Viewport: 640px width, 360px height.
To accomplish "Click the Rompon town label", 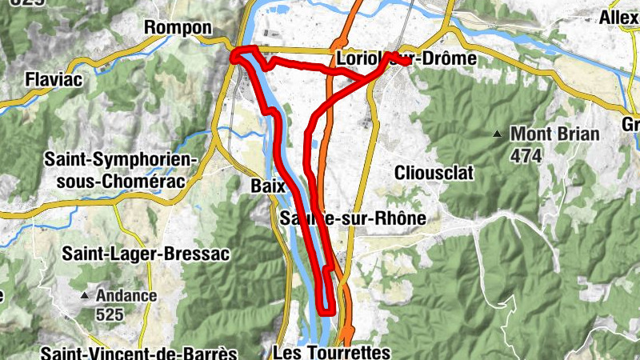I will [177, 27].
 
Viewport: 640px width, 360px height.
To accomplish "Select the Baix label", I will [268, 185].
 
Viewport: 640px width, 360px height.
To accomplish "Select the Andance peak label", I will [126, 295].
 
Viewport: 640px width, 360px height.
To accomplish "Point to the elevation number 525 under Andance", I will [110, 314].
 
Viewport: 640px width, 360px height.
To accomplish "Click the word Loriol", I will [358, 59].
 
